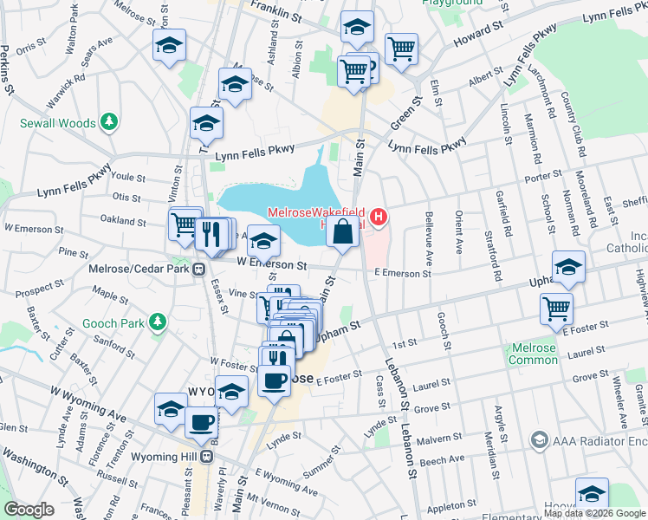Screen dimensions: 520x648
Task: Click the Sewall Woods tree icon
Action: pyautogui.click(x=108, y=123)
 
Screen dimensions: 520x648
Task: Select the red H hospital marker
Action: pyautogui.click(x=378, y=216)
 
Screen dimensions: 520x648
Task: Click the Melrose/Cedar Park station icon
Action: pyautogui.click(x=199, y=268)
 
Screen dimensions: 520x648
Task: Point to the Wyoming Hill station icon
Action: pyautogui.click(x=206, y=456)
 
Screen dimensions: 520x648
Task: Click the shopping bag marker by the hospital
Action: pyautogui.click(x=343, y=232)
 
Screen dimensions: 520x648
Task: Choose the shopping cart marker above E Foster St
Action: pyautogui.click(x=555, y=309)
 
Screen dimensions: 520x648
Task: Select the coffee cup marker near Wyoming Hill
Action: pyautogui.click(x=201, y=423)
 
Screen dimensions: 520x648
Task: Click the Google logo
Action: pyautogui.click(x=29, y=509)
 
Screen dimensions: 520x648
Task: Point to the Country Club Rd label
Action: pyautogui.click(x=571, y=120)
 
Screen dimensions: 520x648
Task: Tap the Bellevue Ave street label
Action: pyautogui.click(x=428, y=239)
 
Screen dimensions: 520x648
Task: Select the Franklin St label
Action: pyautogui.click(x=275, y=12)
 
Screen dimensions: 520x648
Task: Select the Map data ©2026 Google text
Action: pyautogui.click(x=594, y=512)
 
